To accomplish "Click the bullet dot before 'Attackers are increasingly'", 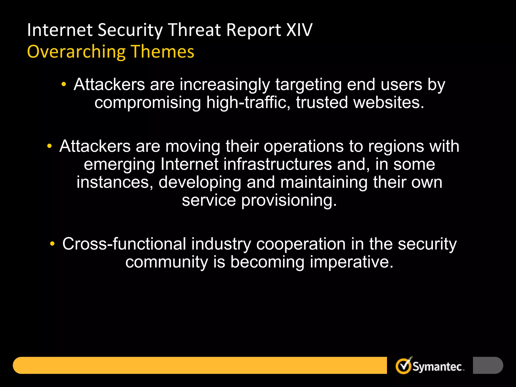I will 64,84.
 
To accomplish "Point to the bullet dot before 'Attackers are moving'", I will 50,146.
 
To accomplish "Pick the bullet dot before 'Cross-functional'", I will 52,244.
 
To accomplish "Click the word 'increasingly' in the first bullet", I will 224,85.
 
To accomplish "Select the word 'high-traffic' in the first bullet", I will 248,103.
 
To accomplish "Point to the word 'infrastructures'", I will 277,164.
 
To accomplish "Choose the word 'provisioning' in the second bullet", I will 289,201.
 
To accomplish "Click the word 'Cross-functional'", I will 124,244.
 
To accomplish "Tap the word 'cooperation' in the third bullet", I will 301,244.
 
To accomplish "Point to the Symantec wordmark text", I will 438,367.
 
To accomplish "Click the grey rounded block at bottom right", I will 488,365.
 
